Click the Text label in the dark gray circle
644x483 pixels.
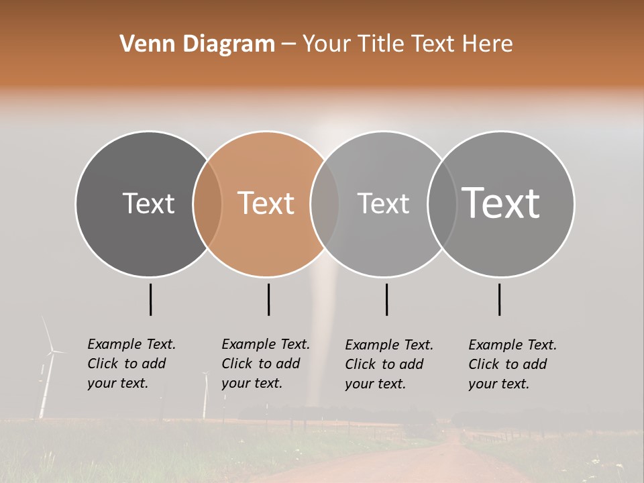coord(148,203)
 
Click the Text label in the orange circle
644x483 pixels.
coord(266,203)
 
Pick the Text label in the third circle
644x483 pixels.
coord(383,203)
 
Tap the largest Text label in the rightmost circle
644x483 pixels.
coord(500,203)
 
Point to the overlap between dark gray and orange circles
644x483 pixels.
coord(207,204)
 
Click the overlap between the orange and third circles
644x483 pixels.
coord(325,204)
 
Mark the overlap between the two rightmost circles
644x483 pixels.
coord(442,204)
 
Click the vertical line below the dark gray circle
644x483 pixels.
coord(150,299)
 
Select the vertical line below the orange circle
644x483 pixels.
coord(268,299)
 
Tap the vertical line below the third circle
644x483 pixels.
coord(386,299)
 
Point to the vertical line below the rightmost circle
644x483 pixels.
coord(499,299)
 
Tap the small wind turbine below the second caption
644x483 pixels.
coord(205,396)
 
